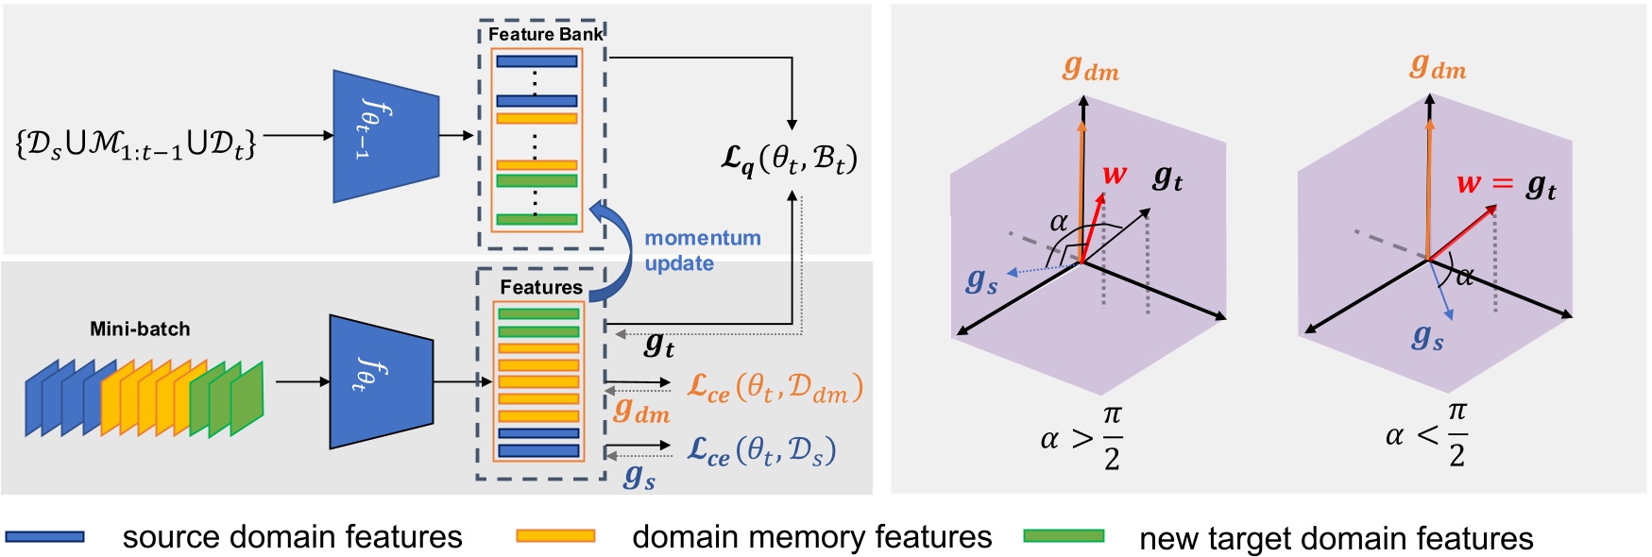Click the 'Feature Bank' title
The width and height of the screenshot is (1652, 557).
pos(545,35)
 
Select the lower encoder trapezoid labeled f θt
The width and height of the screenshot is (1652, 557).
pos(381,381)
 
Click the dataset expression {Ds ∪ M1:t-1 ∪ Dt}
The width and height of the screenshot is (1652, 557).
pos(136,143)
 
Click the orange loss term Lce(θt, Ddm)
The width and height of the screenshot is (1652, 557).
pos(775,387)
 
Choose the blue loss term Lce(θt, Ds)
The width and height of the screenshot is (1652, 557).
pos(760,450)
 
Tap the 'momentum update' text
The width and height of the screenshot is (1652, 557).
pos(702,250)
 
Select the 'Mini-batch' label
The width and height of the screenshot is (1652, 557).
pos(140,329)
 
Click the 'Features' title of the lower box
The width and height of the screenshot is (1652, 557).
pos(541,287)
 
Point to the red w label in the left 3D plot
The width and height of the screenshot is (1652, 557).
pos(1115,176)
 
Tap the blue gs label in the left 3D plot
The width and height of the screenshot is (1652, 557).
pos(981,280)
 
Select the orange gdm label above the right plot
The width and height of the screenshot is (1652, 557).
pos(1438,67)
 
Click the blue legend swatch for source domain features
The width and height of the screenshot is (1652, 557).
pos(44,536)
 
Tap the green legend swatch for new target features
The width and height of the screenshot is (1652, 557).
pos(1064,536)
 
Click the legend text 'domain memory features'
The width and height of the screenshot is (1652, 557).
pos(811,536)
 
